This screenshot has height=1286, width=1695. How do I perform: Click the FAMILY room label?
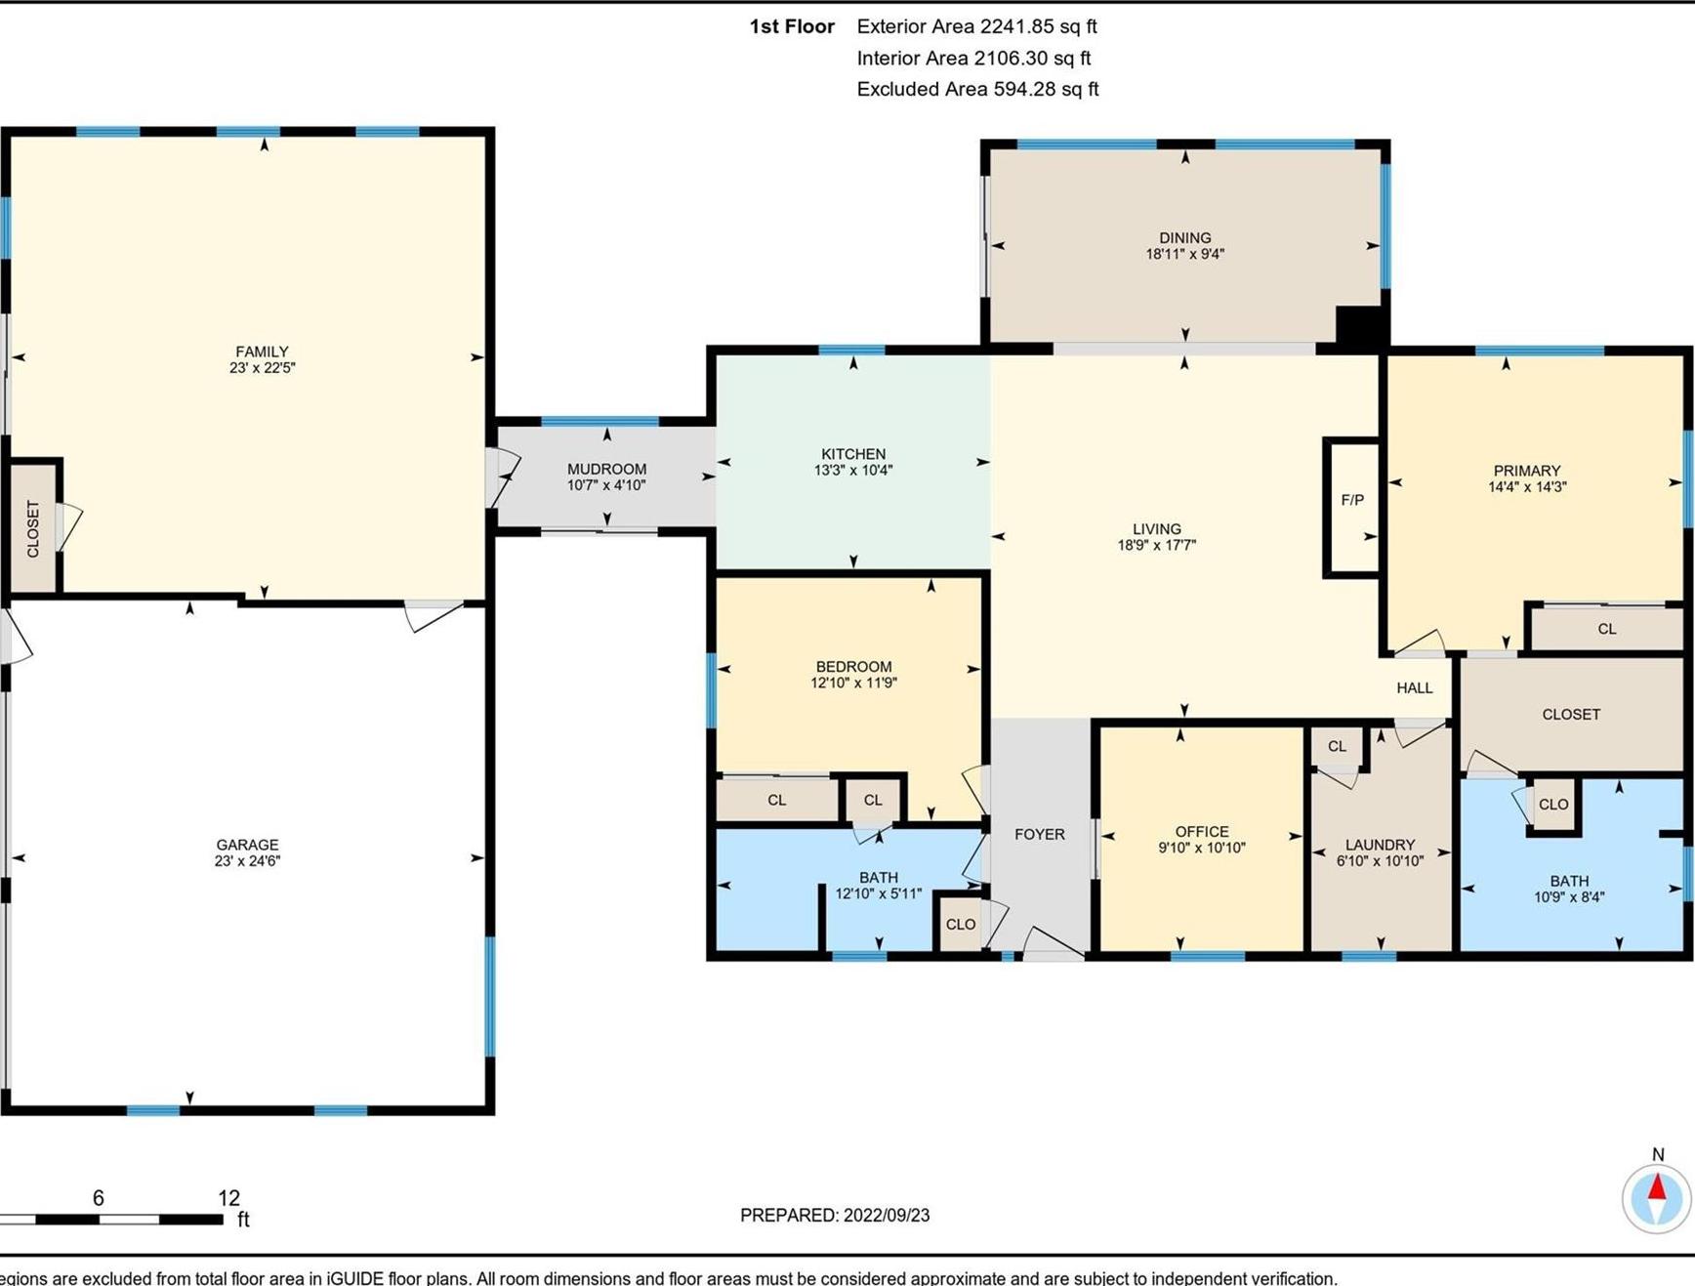[262, 352]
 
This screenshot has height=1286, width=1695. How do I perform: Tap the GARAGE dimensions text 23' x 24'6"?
[247, 861]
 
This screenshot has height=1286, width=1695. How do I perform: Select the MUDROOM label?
[606, 469]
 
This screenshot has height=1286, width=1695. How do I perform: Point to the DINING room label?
[1184, 237]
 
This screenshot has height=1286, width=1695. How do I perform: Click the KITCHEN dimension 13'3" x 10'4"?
[853, 471]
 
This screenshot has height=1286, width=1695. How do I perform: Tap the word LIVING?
[1156, 529]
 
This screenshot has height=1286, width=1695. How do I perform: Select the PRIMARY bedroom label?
[1526, 471]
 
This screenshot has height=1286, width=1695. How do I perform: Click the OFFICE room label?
[1201, 832]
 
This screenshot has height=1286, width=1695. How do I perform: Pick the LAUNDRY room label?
[1380, 845]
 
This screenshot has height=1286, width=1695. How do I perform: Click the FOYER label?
[1039, 834]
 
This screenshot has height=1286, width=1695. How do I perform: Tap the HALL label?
[1414, 688]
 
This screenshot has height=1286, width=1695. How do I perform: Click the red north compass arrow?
[1657, 1188]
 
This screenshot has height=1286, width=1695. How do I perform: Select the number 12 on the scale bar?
[228, 1198]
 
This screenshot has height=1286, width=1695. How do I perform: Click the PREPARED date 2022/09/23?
[886, 1216]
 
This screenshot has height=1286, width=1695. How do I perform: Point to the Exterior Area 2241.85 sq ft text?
[976, 26]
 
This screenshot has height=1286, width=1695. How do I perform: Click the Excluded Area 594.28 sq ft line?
[977, 89]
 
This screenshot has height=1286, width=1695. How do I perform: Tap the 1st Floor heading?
[791, 26]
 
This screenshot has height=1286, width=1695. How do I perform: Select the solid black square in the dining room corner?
[1359, 324]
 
